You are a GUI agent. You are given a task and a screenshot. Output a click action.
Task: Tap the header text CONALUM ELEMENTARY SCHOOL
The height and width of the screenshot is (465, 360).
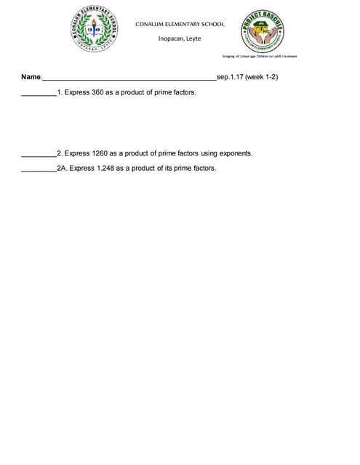point(180,24)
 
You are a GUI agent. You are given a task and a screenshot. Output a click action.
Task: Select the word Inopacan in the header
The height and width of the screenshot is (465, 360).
point(172,39)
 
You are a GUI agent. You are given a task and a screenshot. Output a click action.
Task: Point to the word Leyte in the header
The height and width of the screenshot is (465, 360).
point(194,39)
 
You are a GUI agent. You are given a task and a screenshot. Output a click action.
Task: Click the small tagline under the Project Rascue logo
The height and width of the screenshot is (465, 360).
point(260,56)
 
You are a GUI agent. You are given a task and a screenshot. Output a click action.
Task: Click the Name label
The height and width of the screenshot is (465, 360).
point(31,77)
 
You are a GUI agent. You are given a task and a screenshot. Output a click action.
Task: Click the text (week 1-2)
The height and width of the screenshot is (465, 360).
point(262,76)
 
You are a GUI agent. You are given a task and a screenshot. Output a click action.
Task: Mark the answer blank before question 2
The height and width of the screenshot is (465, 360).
point(39,155)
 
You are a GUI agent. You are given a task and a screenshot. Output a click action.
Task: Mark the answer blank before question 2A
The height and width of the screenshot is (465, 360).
point(39,169)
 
